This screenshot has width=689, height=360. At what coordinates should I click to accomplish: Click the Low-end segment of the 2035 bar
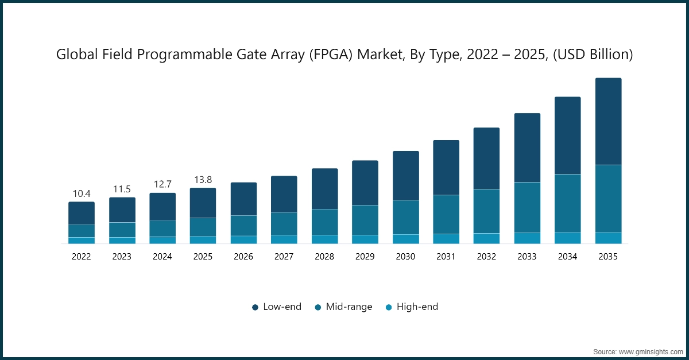[x=608, y=121]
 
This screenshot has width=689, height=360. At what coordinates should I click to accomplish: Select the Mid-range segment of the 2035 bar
[x=608, y=198]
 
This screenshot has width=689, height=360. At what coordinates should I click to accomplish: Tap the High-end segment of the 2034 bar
[x=567, y=238]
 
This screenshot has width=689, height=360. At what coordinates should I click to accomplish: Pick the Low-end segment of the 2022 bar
[x=82, y=213]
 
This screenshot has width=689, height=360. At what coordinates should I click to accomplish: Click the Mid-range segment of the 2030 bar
[x=405, y=217]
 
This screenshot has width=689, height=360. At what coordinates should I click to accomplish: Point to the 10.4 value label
[x=82, y=194]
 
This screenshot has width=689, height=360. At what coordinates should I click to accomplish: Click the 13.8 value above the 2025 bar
[x=203, y=180]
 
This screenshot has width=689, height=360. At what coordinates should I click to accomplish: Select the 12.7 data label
[x=162, y=185]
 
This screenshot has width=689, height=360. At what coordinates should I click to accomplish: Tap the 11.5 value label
[x=122, y=189]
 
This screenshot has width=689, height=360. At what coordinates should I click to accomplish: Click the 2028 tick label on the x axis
[x=324, y=257]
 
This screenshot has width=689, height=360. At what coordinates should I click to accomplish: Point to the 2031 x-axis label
[x=446, y=257]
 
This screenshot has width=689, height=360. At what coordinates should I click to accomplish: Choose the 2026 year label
[x=243, y=257]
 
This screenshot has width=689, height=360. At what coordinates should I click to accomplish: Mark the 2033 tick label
[x=527, y=257]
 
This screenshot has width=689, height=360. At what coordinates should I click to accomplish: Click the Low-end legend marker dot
[x=255, y=307]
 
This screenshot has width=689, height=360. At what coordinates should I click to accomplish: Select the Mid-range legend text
[x=349, y=307]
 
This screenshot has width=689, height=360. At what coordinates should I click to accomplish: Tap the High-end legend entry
[x=412, y=307]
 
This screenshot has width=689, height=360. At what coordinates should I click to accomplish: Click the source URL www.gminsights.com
[x=651, y=351]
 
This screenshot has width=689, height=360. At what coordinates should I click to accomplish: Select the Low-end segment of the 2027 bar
[x=284, y=194]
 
